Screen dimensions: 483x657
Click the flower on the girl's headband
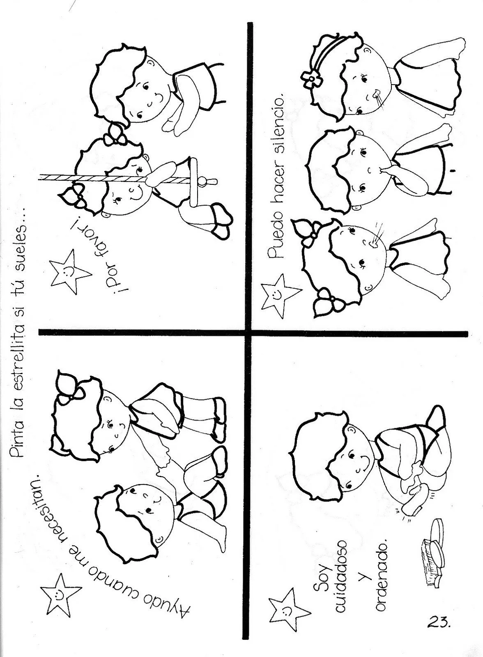[x=310, y=78]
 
